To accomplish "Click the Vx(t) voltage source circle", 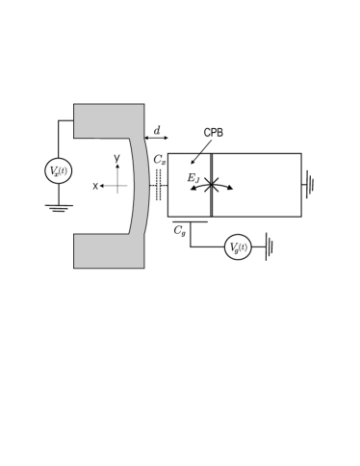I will pyautogui.click(x=58, y=172).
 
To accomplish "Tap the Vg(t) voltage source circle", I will pyautogui.click(x=238, y=247).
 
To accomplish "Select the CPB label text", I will pyautogui.click(x=213, y=132).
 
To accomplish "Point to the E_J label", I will pyautogui.click(x=193, y=177).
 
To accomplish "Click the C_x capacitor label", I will pyautogui.click(x=160, y=160).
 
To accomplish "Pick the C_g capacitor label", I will pyautogui.click(x=180, y=230).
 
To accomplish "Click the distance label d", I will pyautogui.click(x=158, y=128).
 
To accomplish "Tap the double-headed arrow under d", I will pyautogui.click(x=156, y=139).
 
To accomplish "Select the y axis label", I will pyautogui.click(x=116, y=158).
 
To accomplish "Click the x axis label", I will pyautogui.click(x=95, y=186).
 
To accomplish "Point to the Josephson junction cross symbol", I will pyautogui.click(x=211, y=185).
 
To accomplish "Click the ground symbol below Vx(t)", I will pyautogui.click(x=58, y=207).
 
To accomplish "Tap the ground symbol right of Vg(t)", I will pyautogui.click(x=270, y=247).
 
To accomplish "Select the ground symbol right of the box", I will pyautogui.click(x=309, y=184).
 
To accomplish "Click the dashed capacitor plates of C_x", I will pyautogui.click(x=158, y=186).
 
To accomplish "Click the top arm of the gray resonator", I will pyautogui.click(x=109, y=120).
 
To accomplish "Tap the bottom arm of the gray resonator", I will pyautogui.click(x=109, y=277).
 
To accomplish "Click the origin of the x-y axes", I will pyautogui.click(x=117, y=186).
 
